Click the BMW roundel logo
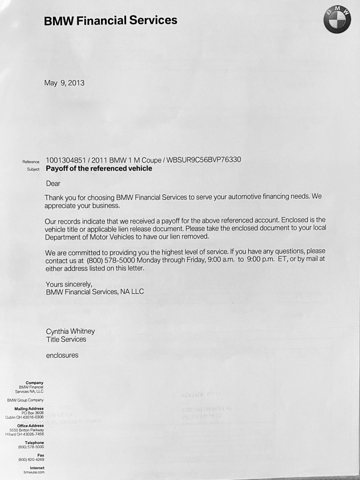337,20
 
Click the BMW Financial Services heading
111,21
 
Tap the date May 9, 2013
64,83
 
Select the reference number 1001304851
66,160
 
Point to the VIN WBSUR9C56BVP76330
204,160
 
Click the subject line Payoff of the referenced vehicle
99,169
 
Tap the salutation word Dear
53,184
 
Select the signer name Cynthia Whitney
70,331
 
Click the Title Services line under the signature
66,339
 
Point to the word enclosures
62,355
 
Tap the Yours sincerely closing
69,284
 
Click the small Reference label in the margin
31,162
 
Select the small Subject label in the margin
33,170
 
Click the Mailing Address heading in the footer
29,409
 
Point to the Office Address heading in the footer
30,426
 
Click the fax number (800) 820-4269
31,459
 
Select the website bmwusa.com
34,472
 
